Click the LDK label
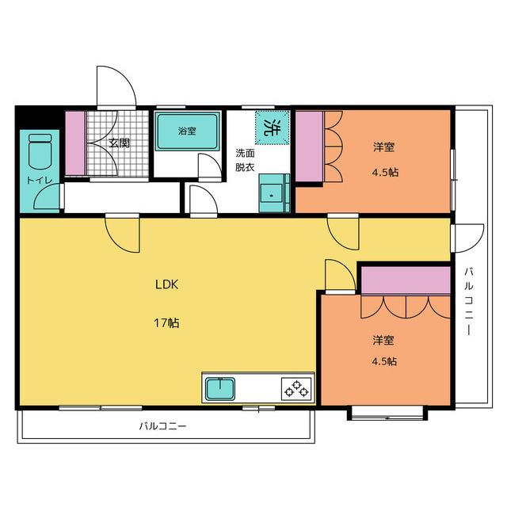point(166,284)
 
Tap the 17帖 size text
point(166,322)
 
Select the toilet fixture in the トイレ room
point(40,151)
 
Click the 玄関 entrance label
point(119,143)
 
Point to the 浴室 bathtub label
point(187,131)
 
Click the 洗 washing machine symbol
point(272,128)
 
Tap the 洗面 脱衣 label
point(245,160)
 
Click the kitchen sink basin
point(221,388)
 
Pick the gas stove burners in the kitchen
point(295,389)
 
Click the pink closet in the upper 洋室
point(310,147)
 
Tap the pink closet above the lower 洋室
point(406,280)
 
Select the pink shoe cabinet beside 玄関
point(76,143)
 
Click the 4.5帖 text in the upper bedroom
point(385,173)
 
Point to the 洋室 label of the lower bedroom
point(383,340)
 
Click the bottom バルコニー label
point(162,426)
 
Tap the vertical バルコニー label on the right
point(469,301)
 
